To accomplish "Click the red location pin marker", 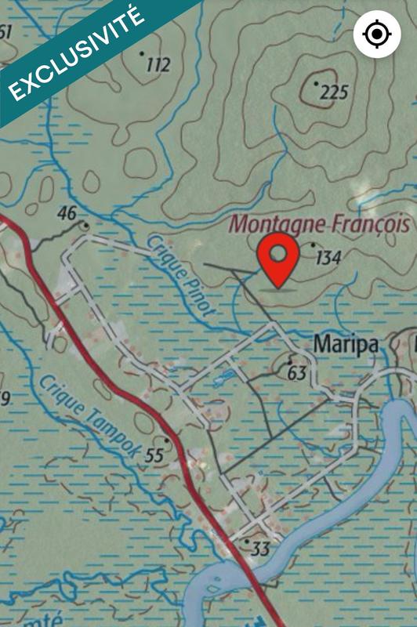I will pos(278,261).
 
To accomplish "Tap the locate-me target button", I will pos(376,34).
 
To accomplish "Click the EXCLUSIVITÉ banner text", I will pos(74,54).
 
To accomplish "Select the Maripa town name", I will pos(346,343).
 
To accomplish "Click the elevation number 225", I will pos(333,93).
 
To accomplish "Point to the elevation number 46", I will pos(67,213).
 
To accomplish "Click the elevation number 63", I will pos(296,373).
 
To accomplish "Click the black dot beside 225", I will pos(316,82).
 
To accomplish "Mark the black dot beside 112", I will pos(142,53).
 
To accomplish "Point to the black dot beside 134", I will pos(313,245).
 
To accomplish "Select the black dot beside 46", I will pos(85,225).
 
